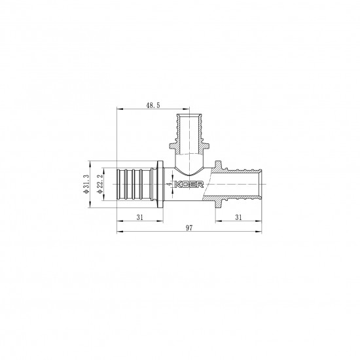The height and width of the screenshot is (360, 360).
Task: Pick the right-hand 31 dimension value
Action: point(239,217)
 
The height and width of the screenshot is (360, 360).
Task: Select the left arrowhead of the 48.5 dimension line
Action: point(118,109)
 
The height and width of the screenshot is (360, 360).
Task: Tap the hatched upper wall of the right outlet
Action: point(239,172)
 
